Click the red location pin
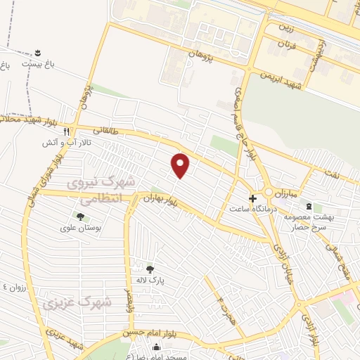tap(181, 165)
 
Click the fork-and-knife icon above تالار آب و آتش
tap(67, 131)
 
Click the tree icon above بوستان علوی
tap(80, 217)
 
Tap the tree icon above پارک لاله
tap(149, 269)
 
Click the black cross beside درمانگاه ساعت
tap(253, 199)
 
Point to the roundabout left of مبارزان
tap(269, 193)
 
